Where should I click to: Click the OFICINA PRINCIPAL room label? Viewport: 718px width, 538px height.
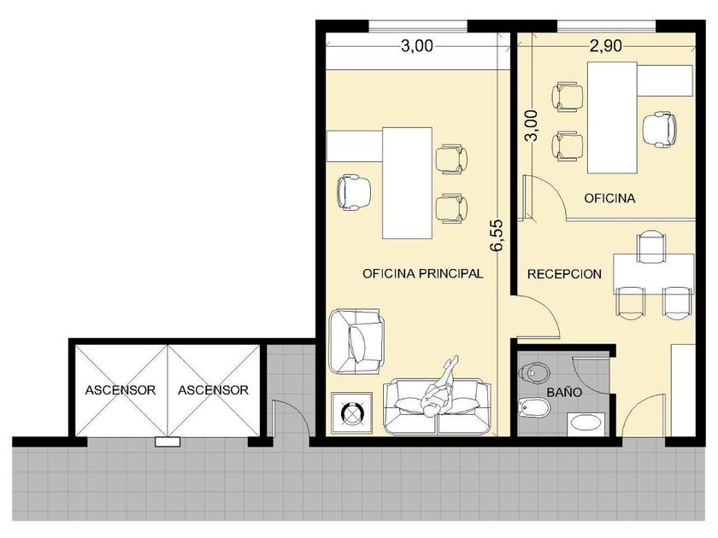tap(422, 273)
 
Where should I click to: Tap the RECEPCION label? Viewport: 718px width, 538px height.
tap(564, 274)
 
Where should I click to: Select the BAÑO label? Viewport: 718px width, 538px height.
tap(564, 392)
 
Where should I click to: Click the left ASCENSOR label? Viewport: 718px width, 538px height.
tap(121, 390)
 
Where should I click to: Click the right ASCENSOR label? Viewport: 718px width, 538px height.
tap(213, 390)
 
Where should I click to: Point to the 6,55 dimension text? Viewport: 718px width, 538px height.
tap(497, 235)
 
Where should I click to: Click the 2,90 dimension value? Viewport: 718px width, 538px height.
tap(605, 46)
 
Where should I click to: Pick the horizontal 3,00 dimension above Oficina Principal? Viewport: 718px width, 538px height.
tap(417, 46)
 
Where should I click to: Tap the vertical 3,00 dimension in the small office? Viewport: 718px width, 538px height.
tap(532, 126)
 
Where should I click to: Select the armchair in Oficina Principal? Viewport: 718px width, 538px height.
tap(356, 342)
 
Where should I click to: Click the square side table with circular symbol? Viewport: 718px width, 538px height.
tap(351, 412)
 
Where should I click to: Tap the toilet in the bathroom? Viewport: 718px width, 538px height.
tap(534, 373)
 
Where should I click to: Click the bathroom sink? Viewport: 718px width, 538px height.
tap(586, 424)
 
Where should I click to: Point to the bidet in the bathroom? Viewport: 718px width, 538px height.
tap(533, 407)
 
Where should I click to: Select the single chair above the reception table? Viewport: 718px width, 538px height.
tap(651, 247)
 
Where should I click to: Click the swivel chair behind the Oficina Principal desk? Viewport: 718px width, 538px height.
tap(354, 192)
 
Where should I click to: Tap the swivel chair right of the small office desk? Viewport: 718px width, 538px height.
tap(659, 130)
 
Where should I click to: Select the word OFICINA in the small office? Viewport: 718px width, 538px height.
tap(609, 198)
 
